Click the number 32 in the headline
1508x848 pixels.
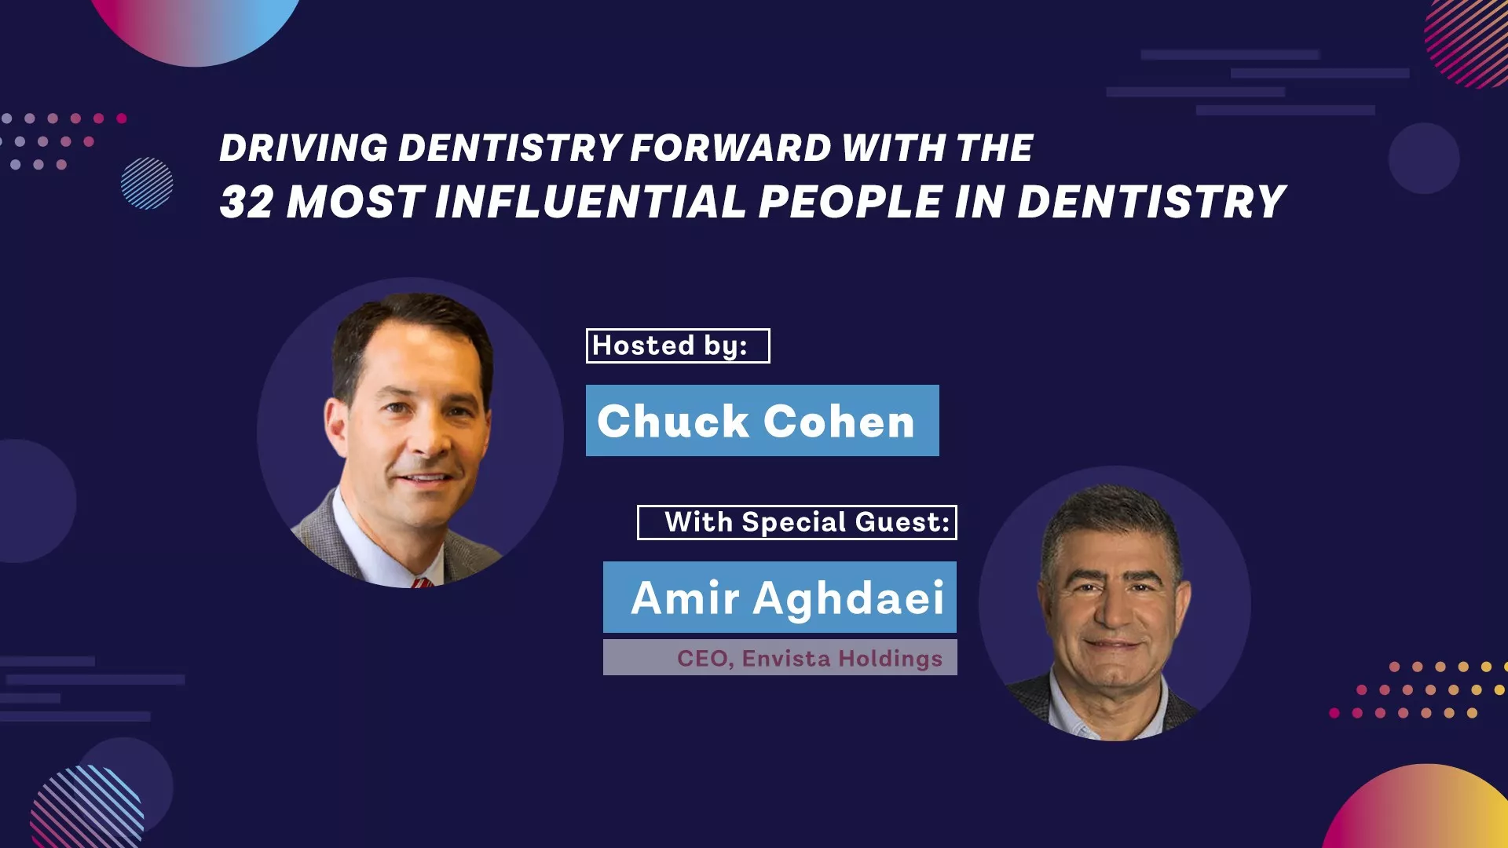coord(246,202)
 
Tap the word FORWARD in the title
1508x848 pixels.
coord(730,148)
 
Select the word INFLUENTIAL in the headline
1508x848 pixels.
coord(589,202)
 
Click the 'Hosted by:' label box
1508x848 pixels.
coord(678,345)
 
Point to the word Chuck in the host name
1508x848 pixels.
coord(672,421)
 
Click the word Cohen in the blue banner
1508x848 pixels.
coord(839,421)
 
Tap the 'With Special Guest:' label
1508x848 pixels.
coord(797,522)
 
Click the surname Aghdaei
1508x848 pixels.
coord(848,599)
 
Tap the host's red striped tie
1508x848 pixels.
coord(422,583)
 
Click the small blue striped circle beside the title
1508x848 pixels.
coord(147,184)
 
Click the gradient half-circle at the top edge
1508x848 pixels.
coord(196,27)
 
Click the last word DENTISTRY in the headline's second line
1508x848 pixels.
coord(1151,202)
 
